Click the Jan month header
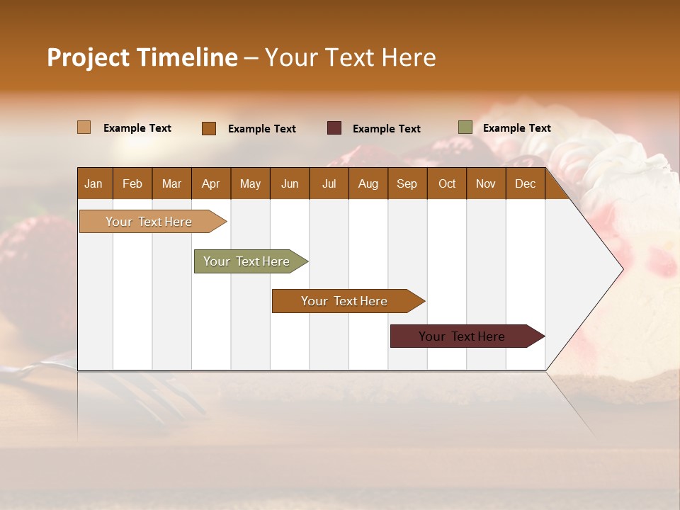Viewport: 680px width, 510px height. (93, 183)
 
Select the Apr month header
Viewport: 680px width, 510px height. (211, 183)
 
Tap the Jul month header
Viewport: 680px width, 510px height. (329, 183)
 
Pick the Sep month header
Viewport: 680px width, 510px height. (407, 183)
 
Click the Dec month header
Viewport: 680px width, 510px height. (525, 183)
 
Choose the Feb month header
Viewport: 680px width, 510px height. (132, 183)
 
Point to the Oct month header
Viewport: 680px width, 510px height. (447, 183)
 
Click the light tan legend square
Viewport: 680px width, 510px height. (84, 127)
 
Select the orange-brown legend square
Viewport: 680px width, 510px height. (209, 128)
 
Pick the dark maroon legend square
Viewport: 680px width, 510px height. (334, 128)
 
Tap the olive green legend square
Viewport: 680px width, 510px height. (465, 127)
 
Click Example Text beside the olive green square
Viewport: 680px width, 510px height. (516, 128)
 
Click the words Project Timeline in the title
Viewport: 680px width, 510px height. (142, 57)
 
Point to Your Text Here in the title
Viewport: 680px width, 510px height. (351, 57)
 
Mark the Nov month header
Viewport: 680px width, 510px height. (486, 183)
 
